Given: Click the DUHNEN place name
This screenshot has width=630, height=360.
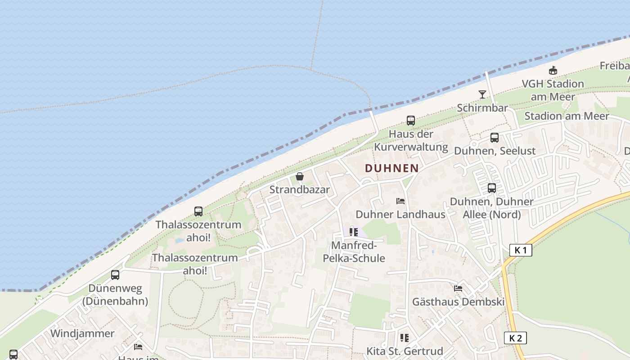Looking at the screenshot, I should (x=391, y=168).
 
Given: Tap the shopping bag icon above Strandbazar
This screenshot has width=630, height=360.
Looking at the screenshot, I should (x=300, y=176).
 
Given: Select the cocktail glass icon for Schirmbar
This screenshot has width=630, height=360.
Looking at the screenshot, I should (x=482, y=94).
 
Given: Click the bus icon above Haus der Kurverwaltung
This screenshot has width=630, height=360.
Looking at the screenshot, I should (x=411, y=121).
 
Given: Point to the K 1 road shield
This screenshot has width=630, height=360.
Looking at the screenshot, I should (x=521, y=250).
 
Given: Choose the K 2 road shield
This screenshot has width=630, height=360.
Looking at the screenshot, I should (x=515, y=338).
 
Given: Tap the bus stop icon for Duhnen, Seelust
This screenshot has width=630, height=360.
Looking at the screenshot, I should (x=495, y=138).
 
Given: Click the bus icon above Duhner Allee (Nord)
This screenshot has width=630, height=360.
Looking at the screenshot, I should (x=492, y=188).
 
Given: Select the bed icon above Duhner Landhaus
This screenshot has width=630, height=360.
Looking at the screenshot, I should (x=400, y=201).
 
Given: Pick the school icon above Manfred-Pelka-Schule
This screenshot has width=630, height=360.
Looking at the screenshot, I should (x=354, y=232).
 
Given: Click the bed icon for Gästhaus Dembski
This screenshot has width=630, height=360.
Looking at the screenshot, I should (x=459, y=288).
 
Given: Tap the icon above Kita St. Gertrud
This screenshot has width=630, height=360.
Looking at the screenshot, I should (x=405, y=337).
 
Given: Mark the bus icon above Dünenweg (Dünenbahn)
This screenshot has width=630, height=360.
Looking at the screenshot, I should (x=115, y=275).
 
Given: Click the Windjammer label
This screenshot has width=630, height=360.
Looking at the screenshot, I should (x=82, y=333).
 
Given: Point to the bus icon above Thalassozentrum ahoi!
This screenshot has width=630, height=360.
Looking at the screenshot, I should (x=198, y=211).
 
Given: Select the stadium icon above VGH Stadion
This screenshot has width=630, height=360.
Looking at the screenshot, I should (x=553, y=71).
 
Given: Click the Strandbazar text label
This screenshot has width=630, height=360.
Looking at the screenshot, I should (x=299, y=190).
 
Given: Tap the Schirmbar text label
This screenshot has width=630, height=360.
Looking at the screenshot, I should (x=482, y=108).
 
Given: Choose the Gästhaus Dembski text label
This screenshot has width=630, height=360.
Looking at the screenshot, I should (x=459, y=302).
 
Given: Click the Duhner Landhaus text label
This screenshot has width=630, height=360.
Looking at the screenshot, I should (x=400, y=215).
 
